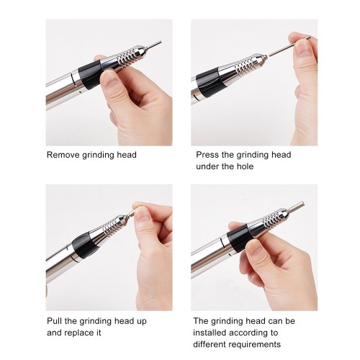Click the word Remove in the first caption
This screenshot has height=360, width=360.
[63, 155]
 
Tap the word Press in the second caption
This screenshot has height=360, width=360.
[207, 155]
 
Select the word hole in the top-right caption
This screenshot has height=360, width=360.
[245, 166]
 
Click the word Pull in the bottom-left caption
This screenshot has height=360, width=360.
[54, 321]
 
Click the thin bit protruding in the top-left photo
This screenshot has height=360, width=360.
[154, 44]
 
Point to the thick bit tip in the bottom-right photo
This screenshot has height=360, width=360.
[297, 207]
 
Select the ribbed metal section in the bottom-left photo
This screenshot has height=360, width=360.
[112, 226]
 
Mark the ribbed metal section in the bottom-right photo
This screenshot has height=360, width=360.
[271, 219]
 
